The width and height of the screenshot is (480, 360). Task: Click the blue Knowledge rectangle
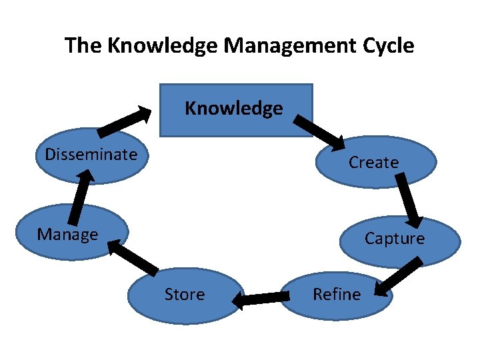click(236, 110)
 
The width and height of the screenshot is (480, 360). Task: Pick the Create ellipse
click(375, 162)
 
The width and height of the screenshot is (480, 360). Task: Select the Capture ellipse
click(399, 240)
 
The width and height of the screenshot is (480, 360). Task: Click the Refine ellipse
click(337, 295)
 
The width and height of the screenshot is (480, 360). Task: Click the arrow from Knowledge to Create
click(319, 131)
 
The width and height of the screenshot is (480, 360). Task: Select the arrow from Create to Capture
click(409, 199)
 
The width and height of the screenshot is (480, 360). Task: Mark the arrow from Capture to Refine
click(399, 276)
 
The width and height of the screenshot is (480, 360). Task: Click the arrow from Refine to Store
click(258, 301)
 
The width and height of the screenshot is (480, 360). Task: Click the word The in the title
click(83, 46)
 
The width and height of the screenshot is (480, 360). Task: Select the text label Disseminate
click(91, 155)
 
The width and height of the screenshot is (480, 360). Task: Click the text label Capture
click(394, 239)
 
